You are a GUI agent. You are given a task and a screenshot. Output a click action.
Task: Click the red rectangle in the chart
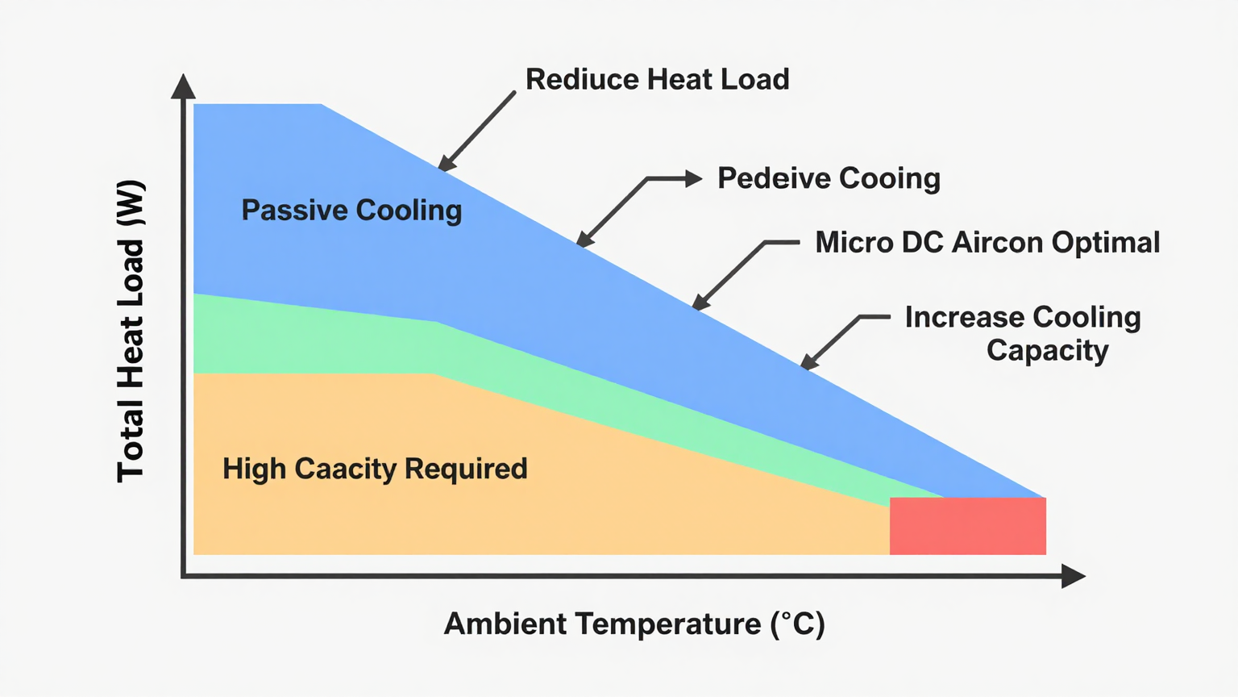click(967, 526)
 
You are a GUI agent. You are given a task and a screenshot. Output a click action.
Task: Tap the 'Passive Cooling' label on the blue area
click(351, 211)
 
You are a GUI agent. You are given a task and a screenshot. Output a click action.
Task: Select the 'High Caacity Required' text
click(375, 469)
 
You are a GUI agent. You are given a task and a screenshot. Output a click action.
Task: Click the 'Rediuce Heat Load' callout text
click(657, 80)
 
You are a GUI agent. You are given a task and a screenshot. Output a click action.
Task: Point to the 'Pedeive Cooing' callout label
click(829, 178)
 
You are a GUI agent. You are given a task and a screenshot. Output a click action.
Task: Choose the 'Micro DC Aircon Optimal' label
click(987, 243)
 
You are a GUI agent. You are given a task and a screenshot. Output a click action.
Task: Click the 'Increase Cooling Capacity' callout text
click(1023, 333)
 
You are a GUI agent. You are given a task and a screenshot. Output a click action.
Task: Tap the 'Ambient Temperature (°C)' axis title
click(634, 624)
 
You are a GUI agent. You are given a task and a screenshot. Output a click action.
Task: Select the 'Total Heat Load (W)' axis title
click(131, 331)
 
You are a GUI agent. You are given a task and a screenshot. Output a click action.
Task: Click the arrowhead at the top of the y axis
click(184, 86)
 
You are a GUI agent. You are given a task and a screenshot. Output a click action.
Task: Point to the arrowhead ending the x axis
click(1074, 576)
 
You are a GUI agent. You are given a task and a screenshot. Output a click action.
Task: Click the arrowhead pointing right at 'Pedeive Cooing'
click(693, 179)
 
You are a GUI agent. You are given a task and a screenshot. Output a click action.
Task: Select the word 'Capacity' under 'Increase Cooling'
click(1048, 351)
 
